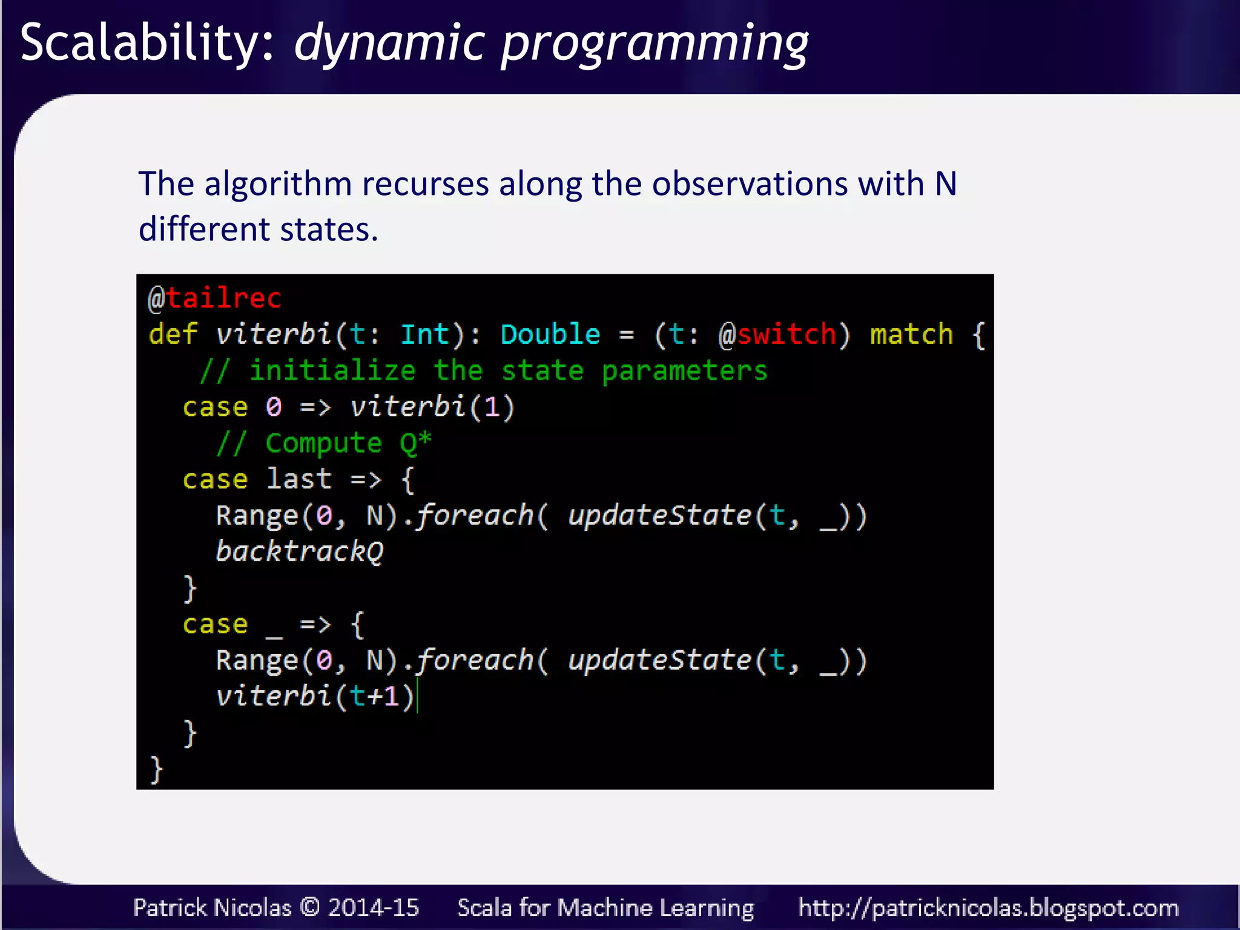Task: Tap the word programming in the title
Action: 654,45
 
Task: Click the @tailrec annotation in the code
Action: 215,298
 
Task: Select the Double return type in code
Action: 550,334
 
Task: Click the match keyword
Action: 911,334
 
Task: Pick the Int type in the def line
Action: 425,334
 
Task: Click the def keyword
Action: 173,334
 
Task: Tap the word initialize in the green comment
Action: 332,371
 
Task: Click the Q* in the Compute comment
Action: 415,443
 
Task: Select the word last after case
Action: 299,479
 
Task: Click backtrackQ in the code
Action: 300,552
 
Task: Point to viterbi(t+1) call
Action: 315,696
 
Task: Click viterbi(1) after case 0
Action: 432,407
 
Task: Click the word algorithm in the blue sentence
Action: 278,185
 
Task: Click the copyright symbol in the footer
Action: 310,907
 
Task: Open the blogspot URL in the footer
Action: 988,908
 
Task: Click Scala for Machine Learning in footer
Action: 605,908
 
